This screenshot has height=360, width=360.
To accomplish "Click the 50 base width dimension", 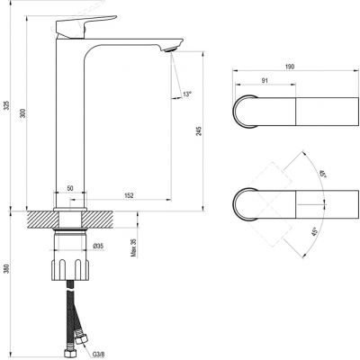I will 71,189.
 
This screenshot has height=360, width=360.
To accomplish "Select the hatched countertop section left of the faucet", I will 40,219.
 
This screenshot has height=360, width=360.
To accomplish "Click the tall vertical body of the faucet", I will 72,117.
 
